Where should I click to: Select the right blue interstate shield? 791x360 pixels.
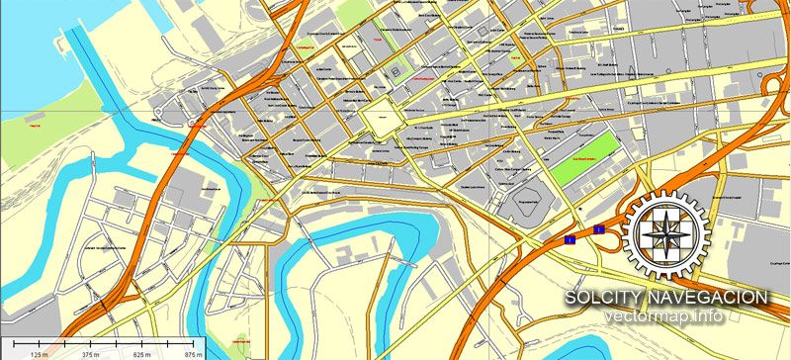click(598, 229)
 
